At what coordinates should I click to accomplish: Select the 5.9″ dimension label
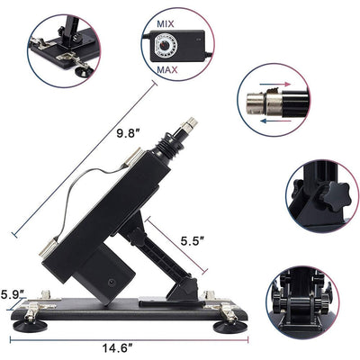tap(12, 293)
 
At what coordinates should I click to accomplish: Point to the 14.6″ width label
tap(117, 343)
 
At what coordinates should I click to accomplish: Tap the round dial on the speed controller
tap(164, 40)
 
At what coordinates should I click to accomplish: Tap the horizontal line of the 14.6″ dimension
tap(117, 334)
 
